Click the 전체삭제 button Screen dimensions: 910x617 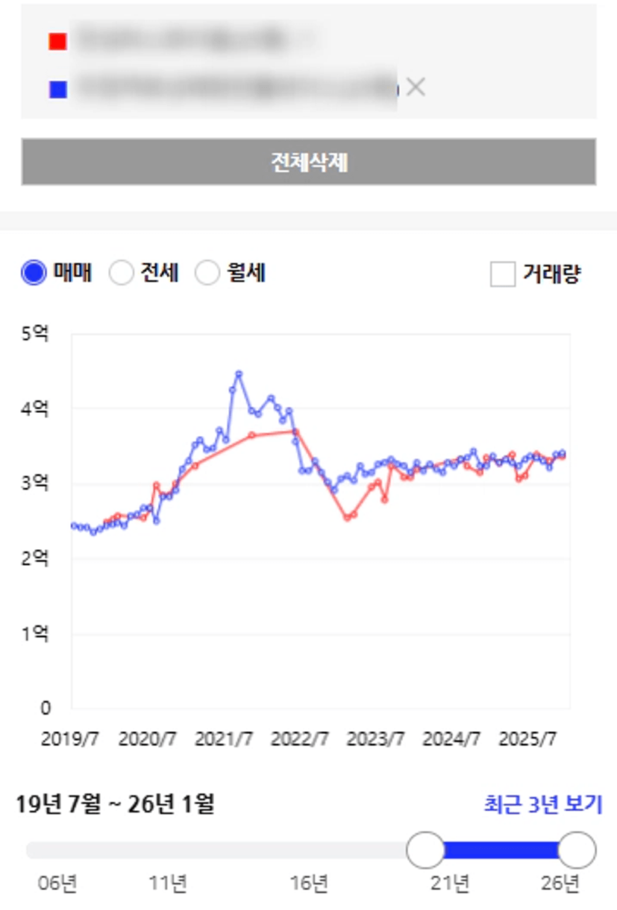click(x=308, y=162)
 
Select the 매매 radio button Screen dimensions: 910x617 click(x=34, y=274)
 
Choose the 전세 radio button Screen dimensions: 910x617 click(x=121, y=274)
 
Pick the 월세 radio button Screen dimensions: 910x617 click(x=207, y=274)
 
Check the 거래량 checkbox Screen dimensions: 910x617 click(x=502, y=274)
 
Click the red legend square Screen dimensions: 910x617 click(x=57, y=42)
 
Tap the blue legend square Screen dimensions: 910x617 click(x=57, y=89)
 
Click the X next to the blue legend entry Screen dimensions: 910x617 click(x=416, y=87)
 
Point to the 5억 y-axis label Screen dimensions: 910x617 click(x=34, y=333)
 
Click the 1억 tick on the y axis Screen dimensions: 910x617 click(x=34, y=634)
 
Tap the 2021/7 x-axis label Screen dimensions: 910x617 click(x=224, y=739)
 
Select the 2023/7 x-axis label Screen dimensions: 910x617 click(x=376, y=739)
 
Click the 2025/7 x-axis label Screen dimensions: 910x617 click(x=528, y=739)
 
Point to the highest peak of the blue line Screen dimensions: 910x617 click(x=239, y=373)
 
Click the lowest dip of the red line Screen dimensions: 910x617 click(x=347, y=517)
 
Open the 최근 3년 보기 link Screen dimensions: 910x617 click(x=542, y=805)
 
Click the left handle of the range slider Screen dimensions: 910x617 click(x=425, y=850)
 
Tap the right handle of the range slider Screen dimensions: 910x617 click(x=577, y=850)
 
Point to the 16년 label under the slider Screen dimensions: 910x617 click(x=309, y=884)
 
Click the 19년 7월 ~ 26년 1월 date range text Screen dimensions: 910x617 click(x=115, y=805)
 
